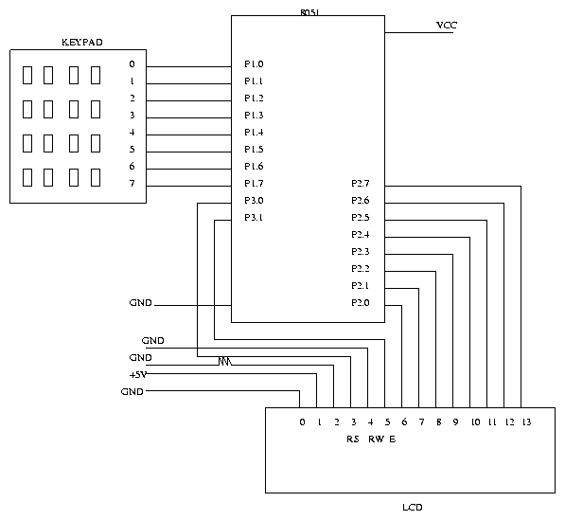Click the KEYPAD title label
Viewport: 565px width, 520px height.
click(x=82, y=43)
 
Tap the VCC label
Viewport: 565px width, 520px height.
click(x=447, y=26)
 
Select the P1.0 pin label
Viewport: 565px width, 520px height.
click(x=254, y=64)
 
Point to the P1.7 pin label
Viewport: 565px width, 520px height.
click(x=254, y=184)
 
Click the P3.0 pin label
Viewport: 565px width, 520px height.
click(x=254, y=201)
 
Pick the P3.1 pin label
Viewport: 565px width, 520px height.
click(x=254, y=218)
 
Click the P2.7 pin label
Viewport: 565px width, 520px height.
click(x=361, y=184)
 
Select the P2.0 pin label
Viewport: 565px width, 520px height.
click(x=361, y=303)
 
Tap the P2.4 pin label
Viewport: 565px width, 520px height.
click(x=361, y=235)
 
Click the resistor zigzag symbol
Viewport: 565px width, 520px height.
click(x=225, y=361)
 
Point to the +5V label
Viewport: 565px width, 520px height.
click(x=138, y=375)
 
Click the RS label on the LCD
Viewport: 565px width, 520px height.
click(x=353, y=439)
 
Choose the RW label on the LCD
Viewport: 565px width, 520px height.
click(x=376, y=439)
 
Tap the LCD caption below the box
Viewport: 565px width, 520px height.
click(x=413, y=508)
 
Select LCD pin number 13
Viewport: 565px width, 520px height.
click(x=526, y=421)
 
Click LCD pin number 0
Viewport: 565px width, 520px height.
click(x=302, y=421)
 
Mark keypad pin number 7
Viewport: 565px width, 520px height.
click(x=132, y=184)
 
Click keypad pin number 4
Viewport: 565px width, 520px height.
click(x=132, y=133)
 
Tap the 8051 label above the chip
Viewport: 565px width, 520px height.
click(x=309, y=12)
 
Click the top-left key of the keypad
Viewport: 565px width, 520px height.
click(x=27, y=75)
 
